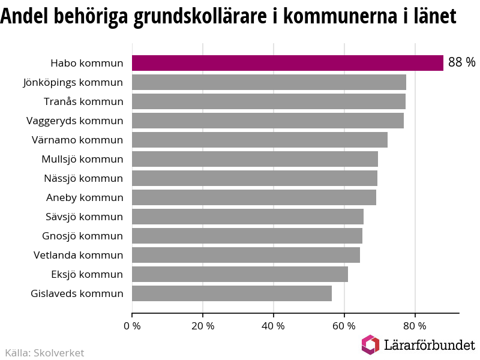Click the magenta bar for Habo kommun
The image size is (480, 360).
coord(287,63)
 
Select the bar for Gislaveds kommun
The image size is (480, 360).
coord(232,293)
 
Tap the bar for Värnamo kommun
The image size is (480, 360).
coord(259,140)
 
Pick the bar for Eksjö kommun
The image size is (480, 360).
coord(239,274)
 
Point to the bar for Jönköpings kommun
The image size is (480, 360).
coord(269,82)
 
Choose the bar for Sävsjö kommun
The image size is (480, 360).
coord(247,217)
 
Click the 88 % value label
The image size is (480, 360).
coord(461,63)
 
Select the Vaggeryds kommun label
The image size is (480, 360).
coord(75,121)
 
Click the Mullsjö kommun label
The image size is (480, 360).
coord(82,159)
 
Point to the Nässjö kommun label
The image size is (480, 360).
coord(83,178)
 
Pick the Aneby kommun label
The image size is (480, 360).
coord(85,197)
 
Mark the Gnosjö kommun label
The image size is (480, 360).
coord(82,236)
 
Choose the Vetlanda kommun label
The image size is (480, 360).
coord(78,255)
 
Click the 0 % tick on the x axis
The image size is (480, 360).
coord(132,326)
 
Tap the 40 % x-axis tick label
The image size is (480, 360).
coord(274,326)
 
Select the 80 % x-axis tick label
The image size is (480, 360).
coord(415,326)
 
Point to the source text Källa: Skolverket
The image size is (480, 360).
coord(44,353)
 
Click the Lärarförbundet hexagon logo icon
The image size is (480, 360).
coord(370,344)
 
